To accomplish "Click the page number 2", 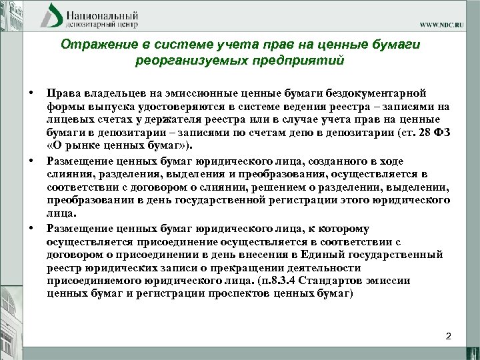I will pyautogui.click(x=448, y=335).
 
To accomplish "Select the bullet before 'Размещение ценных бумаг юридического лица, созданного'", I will pyautogui.click(x=31, y=161).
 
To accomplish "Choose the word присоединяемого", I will pyautogui.click(x=94, y=280).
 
